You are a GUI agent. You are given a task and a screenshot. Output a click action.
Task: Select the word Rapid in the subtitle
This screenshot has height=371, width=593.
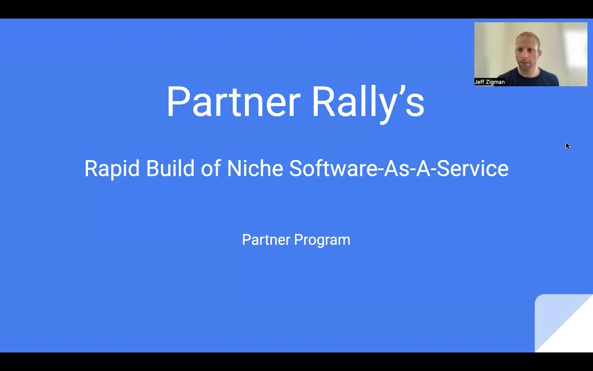112,168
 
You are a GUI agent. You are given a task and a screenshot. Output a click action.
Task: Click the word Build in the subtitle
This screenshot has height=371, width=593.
170,168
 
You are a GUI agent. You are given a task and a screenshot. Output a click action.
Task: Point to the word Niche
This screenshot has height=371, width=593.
255,168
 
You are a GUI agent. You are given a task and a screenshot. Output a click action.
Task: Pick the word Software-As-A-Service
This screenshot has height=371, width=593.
398,168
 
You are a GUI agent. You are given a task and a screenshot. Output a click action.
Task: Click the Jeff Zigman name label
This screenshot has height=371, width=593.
489,82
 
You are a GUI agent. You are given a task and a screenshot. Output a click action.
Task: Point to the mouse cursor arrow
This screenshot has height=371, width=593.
568,146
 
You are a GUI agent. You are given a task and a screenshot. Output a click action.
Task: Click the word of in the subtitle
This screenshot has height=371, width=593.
210,168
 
